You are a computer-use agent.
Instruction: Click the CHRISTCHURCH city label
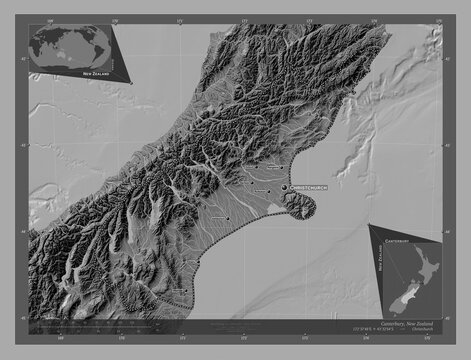309,187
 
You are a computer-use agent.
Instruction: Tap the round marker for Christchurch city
285,187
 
